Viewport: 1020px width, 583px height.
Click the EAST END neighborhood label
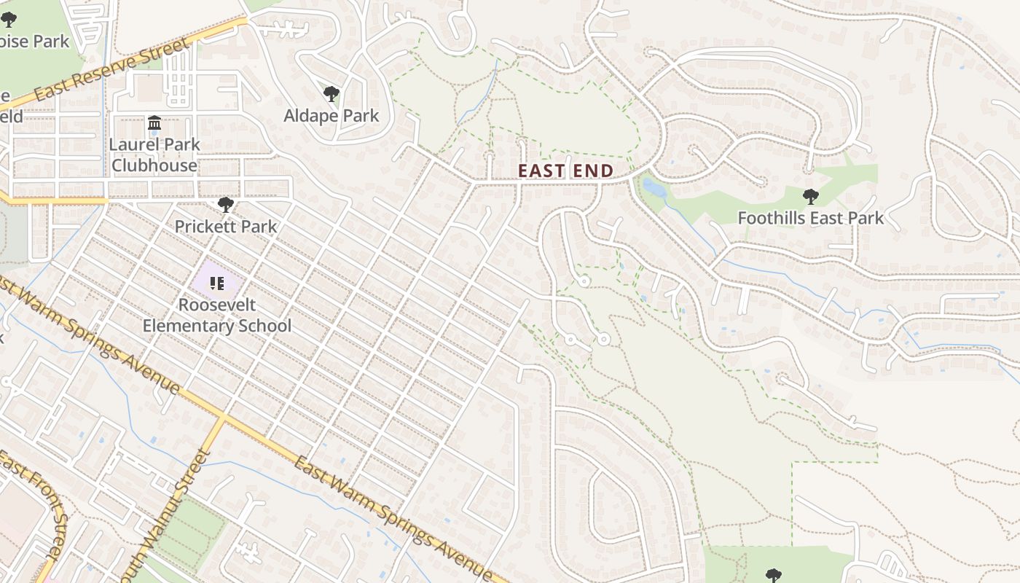point(565,171)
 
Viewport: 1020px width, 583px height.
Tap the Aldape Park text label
point(331,116)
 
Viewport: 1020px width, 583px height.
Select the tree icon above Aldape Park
point(331,93)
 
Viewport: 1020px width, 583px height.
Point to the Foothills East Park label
point(810,218)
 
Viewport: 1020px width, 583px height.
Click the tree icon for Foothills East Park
point(810,196)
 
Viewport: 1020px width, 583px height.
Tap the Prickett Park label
point(226,227)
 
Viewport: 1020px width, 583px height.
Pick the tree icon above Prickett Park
point(226,204)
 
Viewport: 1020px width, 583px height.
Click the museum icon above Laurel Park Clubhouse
point(154,122)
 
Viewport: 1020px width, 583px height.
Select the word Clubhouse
point(154,165)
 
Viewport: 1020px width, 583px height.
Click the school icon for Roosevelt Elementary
point(216,283)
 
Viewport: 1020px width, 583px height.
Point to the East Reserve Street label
point(112,70)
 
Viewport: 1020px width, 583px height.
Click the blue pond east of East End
point(654,189)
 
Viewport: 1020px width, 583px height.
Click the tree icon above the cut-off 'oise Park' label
point(9,20)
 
